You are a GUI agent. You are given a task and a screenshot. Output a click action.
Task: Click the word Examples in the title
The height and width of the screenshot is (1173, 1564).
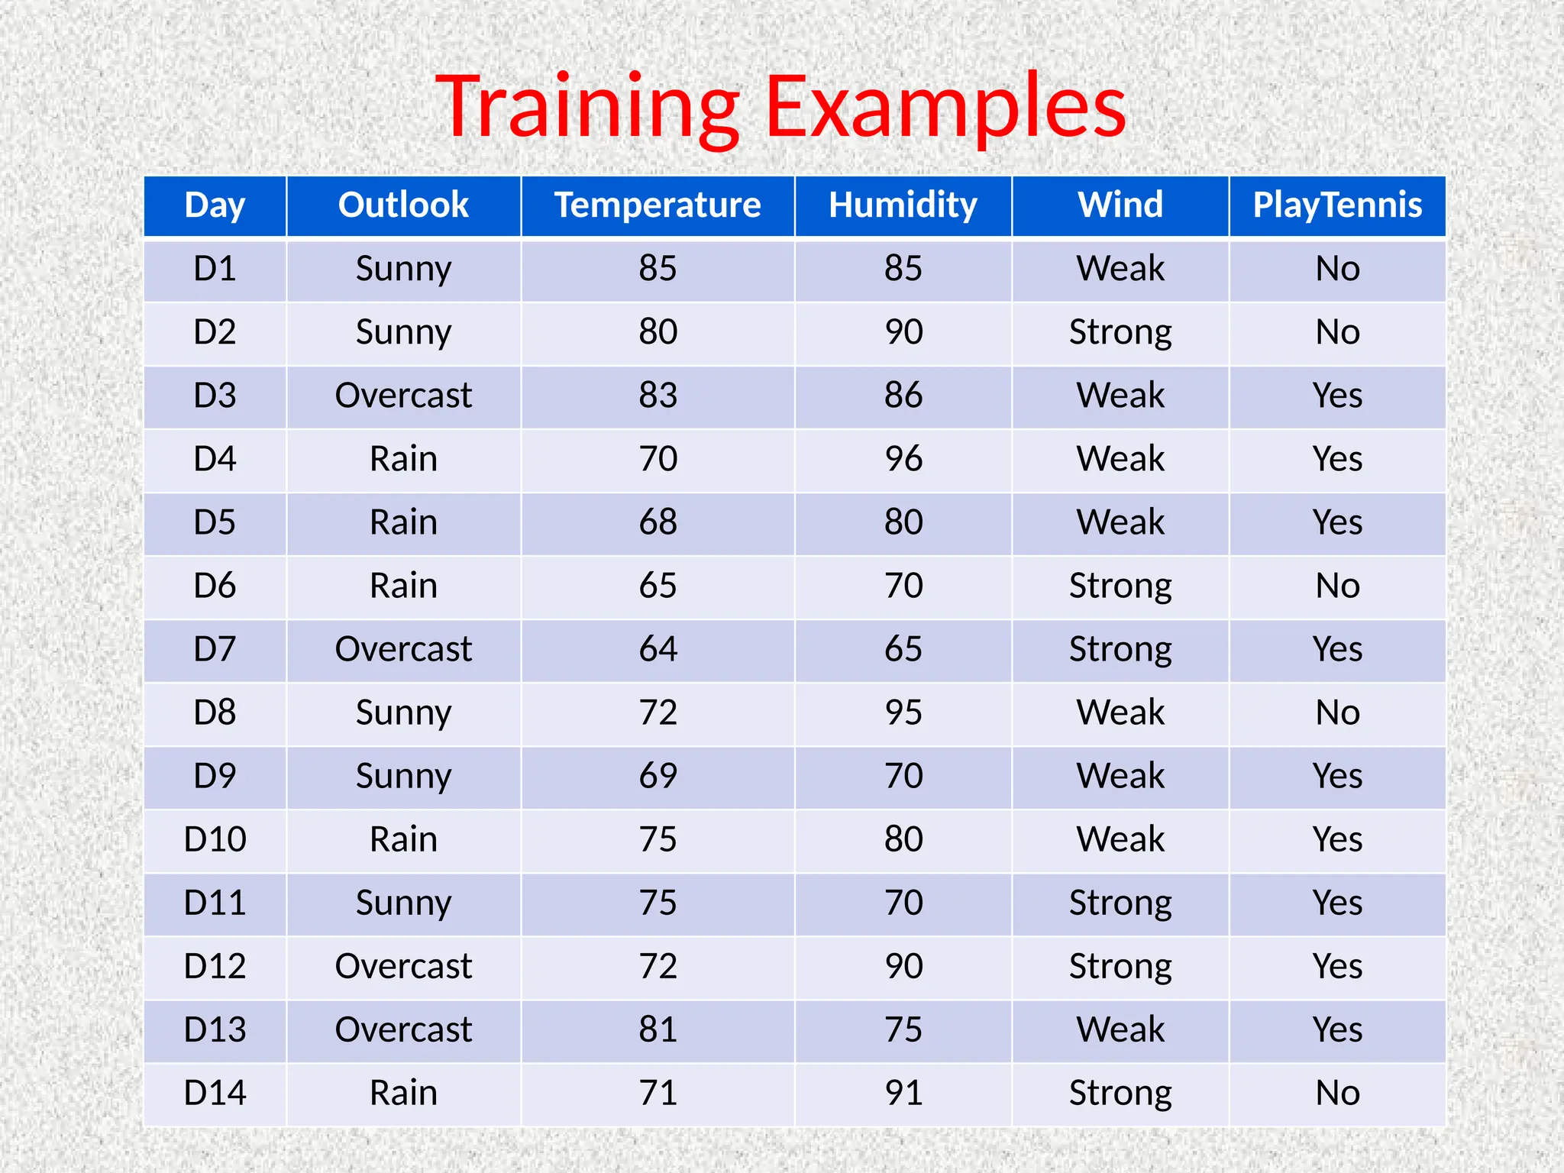tap(945, 107)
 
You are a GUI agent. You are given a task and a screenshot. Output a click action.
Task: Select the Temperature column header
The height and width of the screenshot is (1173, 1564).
tap(658, 205)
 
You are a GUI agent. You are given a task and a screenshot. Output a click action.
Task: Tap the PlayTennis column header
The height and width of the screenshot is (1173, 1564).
tap(1337, 205)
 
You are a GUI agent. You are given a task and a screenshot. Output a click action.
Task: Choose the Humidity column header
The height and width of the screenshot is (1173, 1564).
tap(903, 205)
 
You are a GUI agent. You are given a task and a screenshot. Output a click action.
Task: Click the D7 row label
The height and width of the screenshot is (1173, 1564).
tap(215, 649)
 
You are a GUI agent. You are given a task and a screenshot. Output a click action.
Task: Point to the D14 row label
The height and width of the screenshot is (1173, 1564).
tap(215, 1093)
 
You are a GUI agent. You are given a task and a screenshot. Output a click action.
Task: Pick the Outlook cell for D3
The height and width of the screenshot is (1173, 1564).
tap(403, 396)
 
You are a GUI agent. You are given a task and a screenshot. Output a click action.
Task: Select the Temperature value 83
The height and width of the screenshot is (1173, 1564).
tap(658, 396)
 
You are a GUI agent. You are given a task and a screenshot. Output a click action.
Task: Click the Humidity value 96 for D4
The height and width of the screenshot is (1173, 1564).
tap(903, 459)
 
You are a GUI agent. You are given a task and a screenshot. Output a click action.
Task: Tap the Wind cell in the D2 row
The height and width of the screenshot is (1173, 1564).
tap(1120, 332)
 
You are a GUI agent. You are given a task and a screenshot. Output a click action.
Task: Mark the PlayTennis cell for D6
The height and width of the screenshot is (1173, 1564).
tap(1337, 586)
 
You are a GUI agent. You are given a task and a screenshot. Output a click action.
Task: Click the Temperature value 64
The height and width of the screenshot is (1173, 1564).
tap(658, 649)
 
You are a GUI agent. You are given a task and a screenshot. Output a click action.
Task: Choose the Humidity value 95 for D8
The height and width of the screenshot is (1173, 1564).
tap(903, 713)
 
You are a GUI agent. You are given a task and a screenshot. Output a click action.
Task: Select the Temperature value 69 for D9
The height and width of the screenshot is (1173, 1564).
tap(658, 776)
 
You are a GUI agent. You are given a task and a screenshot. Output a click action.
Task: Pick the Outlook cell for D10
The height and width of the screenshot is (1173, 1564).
tap(403, 839)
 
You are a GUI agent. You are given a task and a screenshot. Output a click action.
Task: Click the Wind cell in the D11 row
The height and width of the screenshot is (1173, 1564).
tap(1120, 903)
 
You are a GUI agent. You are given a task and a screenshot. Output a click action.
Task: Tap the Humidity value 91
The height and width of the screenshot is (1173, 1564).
tap(903, 1093)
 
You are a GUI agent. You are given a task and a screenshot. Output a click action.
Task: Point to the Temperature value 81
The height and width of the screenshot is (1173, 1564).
tap(658, 1029)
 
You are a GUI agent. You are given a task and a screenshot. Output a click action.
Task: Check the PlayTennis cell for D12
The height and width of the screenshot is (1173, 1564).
tap(1337, 966)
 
